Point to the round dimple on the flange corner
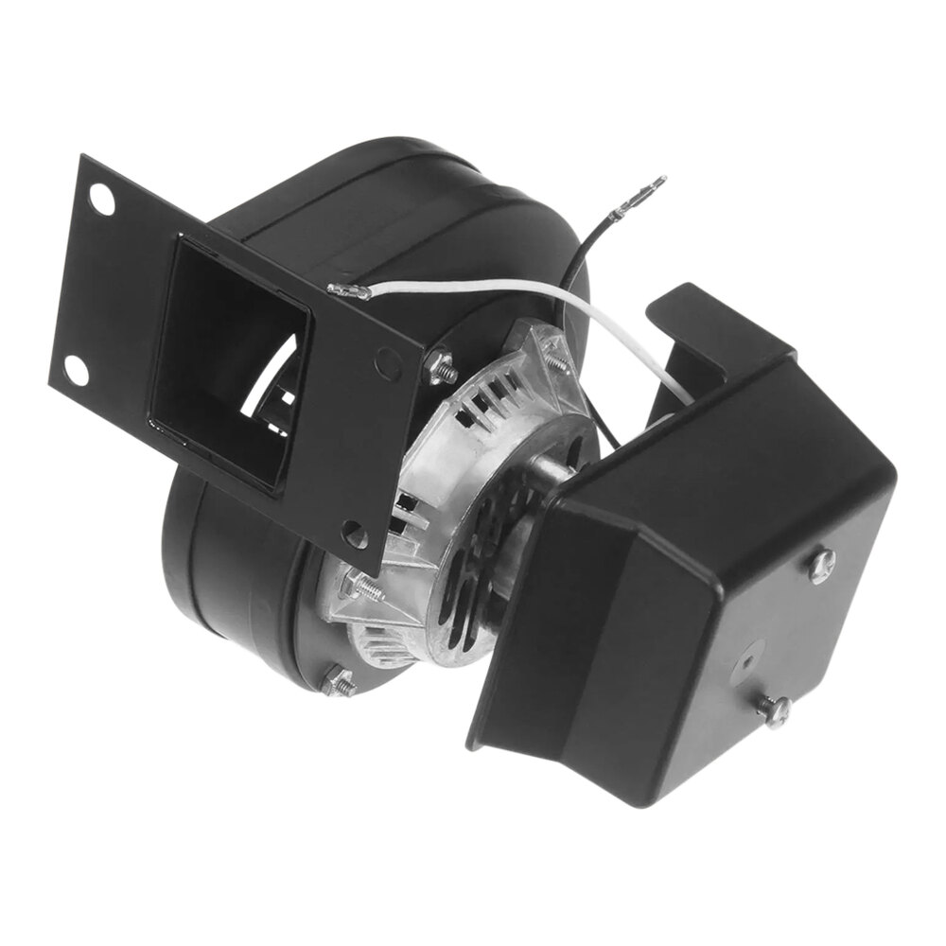tap(387, 357)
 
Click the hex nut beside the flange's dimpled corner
tap(438, 367)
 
